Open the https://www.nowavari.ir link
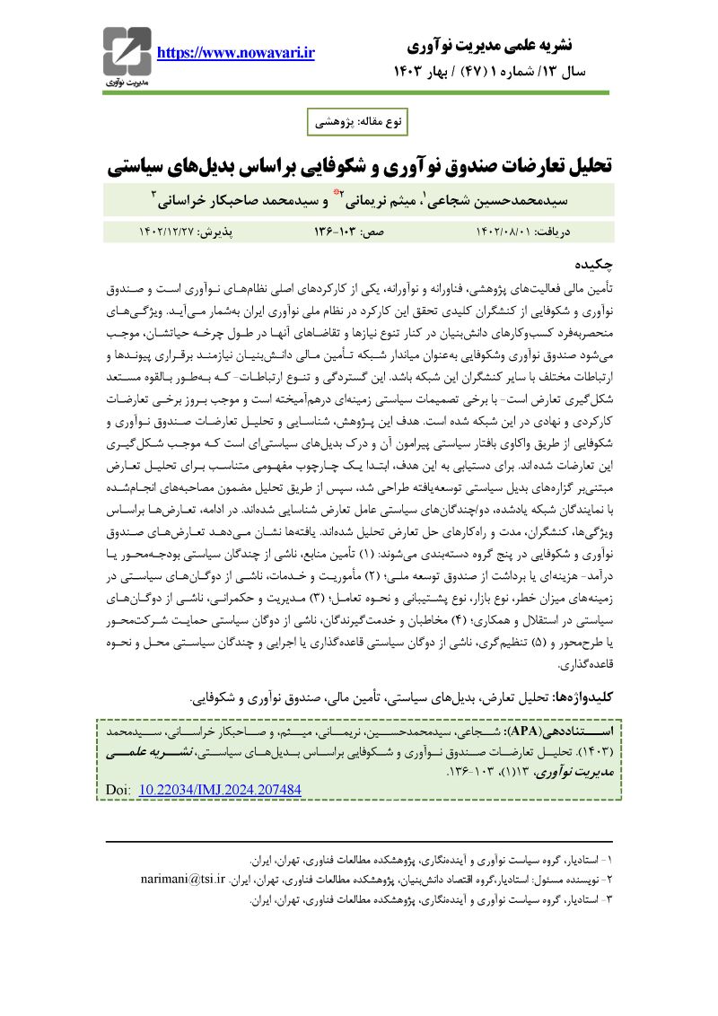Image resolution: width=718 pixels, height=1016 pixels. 236,53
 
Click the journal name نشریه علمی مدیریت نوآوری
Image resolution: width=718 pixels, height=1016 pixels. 514,44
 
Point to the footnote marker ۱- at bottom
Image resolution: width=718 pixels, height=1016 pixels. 609,859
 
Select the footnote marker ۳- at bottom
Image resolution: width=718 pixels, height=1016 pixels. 609,898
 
